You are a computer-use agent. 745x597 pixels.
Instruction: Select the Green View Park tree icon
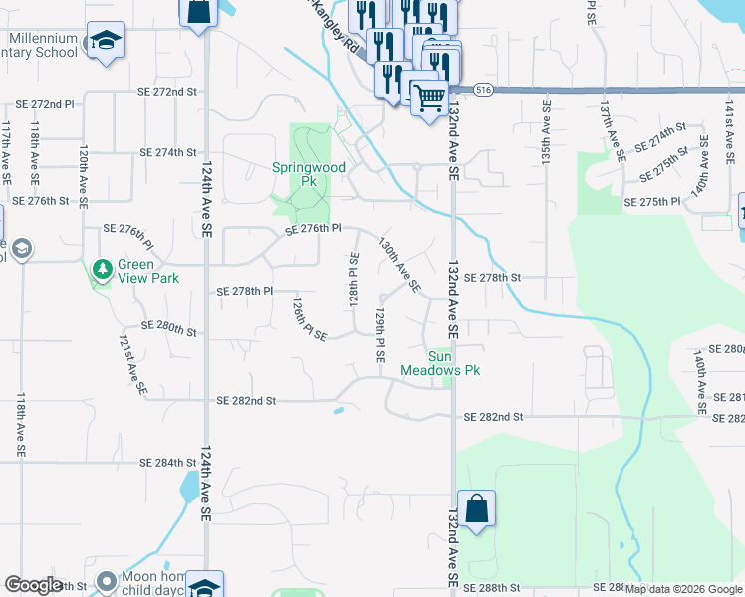click(102, 269)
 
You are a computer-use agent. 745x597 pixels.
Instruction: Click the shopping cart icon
click(428, 99)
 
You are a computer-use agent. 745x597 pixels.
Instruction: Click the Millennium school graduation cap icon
click(105, 42)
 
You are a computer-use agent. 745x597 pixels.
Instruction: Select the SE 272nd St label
click(167, 92)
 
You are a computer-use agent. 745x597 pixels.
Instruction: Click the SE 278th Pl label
click(245, 292)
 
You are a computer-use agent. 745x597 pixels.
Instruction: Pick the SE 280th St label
click(169, 326)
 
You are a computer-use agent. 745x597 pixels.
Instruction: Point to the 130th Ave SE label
click(399, 265)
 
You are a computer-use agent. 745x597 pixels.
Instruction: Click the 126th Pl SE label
click(309, 318)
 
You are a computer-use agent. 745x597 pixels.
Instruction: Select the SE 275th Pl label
click(651, 202)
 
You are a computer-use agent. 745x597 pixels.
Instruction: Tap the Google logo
click(33, 585)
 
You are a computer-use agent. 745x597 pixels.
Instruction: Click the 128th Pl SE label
click(353, 280)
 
